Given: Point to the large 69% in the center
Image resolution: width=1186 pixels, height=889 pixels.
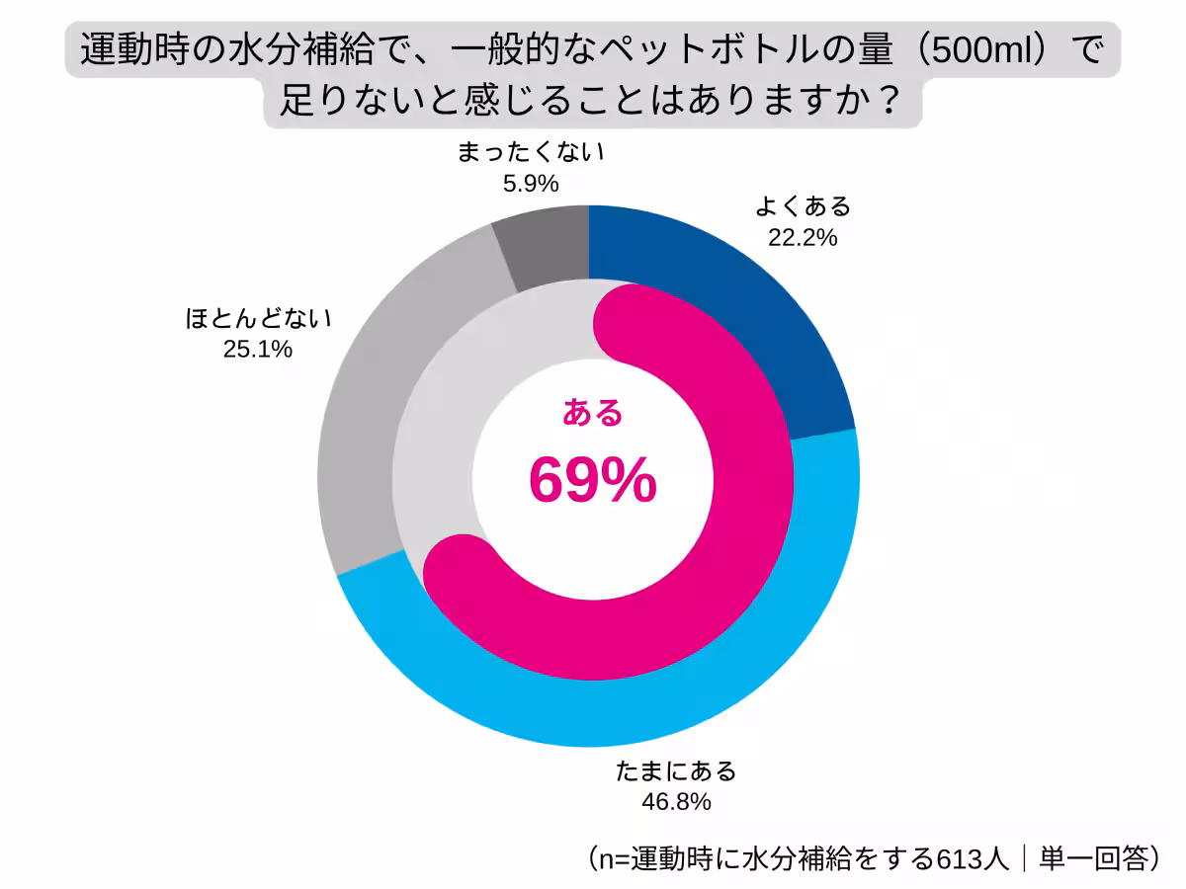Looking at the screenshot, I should click(x=592, y=480).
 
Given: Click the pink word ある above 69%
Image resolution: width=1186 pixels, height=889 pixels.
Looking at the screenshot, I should click(x=592, y=413).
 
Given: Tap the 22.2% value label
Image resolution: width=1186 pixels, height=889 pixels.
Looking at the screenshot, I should click(x=803, y=237).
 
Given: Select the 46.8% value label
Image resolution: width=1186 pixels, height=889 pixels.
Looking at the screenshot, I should click(x=676, y=801).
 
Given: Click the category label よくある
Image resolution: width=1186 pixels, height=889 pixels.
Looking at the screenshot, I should click(x=803, y=206).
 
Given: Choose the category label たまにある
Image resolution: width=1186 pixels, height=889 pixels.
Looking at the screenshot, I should click(x=676, y=770).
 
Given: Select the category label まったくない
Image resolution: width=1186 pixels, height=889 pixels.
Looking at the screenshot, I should click(x=530, y=153).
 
